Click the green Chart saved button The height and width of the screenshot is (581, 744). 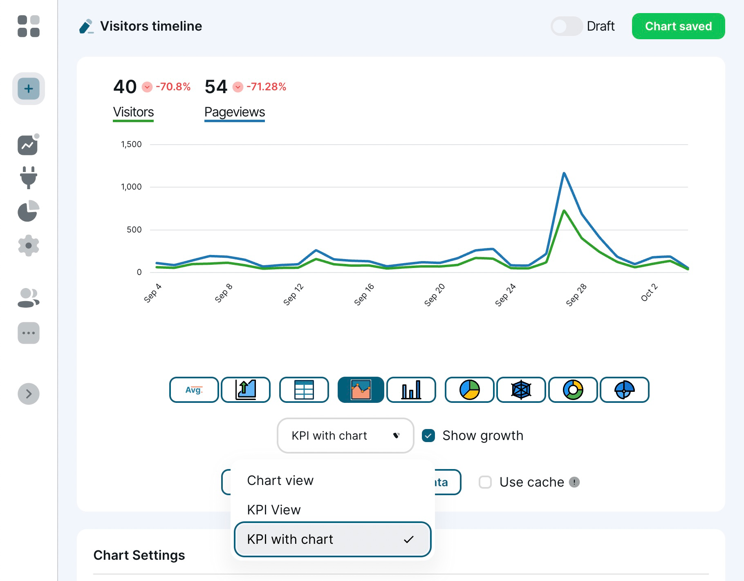click(x=678, y=26)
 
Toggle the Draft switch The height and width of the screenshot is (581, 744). click(x=566, y=26)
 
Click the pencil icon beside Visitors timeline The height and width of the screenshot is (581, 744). click(x=86, y=26)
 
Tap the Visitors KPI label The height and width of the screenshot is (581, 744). click(x=133, y=112)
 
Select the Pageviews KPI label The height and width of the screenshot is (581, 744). click(x=235, y=112)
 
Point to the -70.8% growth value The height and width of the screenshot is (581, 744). click(x=173, y=87)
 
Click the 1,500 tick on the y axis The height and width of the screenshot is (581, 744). click(x=131, y=144)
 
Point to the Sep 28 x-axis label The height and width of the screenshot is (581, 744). click(x=576, y=295)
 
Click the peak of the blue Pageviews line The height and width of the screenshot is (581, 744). click(x=564, y=173)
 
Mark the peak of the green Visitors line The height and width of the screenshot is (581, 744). click(x=564, y=211)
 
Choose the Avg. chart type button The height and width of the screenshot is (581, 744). click(x=194, y=390)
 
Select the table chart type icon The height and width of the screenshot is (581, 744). click(x=304, y=390)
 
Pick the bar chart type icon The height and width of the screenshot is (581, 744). click(x=411, y=390)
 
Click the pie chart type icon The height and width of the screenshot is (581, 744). click(x=469, y=390)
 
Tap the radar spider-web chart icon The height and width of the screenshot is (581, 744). click(x=521, y=390)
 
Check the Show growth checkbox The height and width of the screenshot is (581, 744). click(x=428, y=436)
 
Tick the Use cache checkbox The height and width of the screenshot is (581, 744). click(x=485, y=482)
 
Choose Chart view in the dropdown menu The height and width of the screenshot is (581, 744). click(x=280, y=480)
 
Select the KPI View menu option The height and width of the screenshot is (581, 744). click(x=274, y=510)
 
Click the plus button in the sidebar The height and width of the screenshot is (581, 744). click(x=29, y=89)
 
